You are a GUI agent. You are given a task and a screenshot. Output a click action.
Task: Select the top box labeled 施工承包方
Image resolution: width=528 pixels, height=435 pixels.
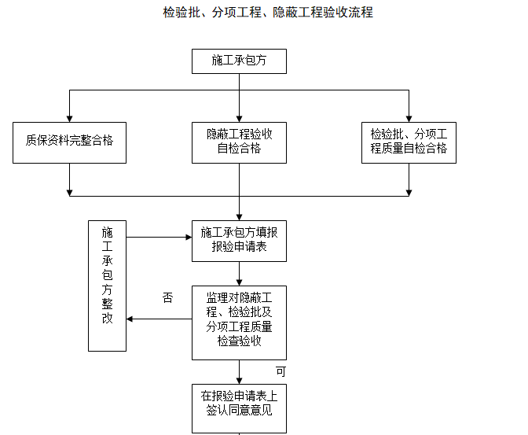(x=239, y=61)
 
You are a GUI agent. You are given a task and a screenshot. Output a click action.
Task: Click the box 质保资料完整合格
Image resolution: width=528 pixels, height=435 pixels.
(x=69, y=142)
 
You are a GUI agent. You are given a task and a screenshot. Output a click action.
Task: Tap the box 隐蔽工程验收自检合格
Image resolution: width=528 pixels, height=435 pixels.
(x=239, y=142)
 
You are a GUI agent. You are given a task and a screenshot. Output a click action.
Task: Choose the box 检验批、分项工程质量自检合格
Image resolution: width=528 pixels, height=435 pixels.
(x=409, y=142)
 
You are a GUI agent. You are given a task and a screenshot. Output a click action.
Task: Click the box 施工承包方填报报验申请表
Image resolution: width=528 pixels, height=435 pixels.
(x=239, y=240)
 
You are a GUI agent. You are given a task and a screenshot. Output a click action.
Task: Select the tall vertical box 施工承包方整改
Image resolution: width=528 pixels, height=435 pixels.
(x=108, y=286)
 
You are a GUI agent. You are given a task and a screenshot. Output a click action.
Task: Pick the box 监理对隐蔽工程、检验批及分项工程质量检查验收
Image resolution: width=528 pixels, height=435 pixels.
(x=239, y=322)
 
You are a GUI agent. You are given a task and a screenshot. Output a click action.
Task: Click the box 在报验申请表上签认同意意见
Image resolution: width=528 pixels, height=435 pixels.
(x=239, y=403)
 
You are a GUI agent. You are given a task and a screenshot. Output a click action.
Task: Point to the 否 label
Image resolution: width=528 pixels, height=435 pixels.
(x=167, y=297)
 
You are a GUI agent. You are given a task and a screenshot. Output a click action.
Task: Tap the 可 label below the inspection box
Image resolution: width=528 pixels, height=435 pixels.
(x=280, y=370)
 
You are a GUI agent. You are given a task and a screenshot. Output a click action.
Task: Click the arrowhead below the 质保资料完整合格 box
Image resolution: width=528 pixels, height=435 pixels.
(x=69, y=191)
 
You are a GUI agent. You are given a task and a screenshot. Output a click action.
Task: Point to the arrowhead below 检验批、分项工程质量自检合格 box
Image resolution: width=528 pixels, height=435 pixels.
(x=409, y=191)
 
